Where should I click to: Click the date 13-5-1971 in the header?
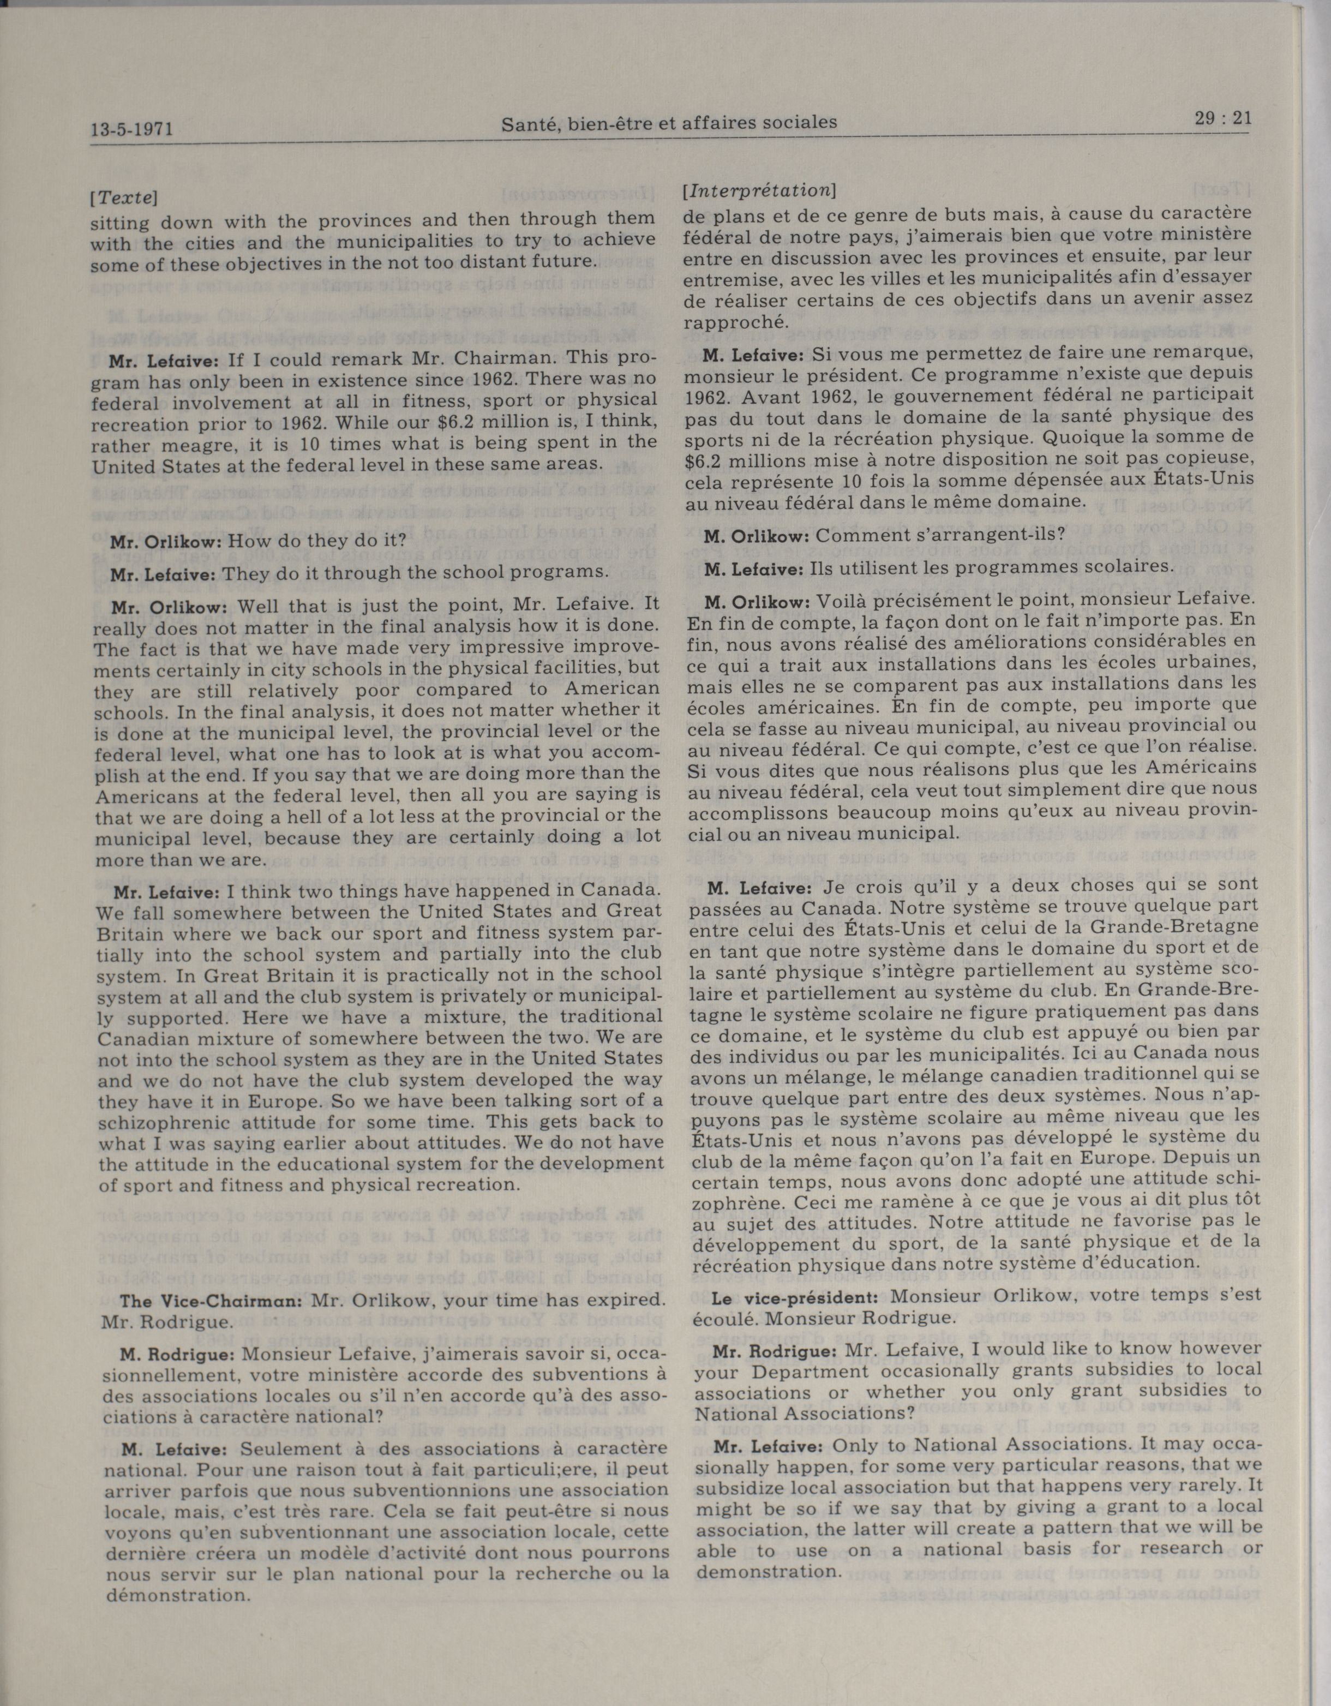131,129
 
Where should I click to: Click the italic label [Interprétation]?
758,190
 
